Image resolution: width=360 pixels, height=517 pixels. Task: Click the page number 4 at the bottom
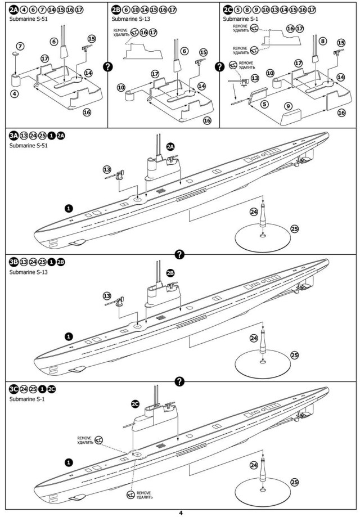tap(181, 512)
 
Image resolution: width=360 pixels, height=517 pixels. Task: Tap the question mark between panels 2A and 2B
tap(107, 66)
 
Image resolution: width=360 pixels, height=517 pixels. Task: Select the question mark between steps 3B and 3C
tap(180, 381)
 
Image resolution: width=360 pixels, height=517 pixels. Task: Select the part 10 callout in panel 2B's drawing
tap(121, 87)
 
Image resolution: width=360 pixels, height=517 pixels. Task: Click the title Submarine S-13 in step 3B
tap(28, 272)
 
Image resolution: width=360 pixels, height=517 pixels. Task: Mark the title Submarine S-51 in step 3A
tap(28, 146)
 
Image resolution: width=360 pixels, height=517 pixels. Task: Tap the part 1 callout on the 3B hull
tap(69, 336)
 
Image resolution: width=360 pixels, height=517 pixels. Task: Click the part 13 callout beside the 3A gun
tap(107, 169)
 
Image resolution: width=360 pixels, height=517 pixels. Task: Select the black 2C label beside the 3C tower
tap(135, 403)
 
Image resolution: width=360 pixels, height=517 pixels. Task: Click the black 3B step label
tap(13, 262)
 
